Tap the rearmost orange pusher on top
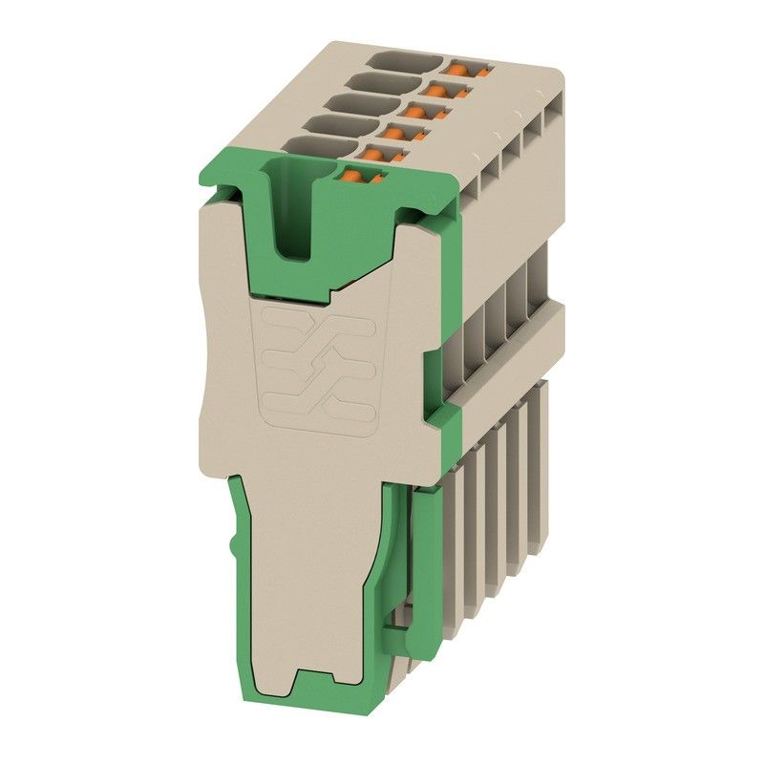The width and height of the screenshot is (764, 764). pos(467,69)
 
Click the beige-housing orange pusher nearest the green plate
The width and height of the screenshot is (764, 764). pos(388,153)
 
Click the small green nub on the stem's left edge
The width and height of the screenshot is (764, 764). pos(234,548)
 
